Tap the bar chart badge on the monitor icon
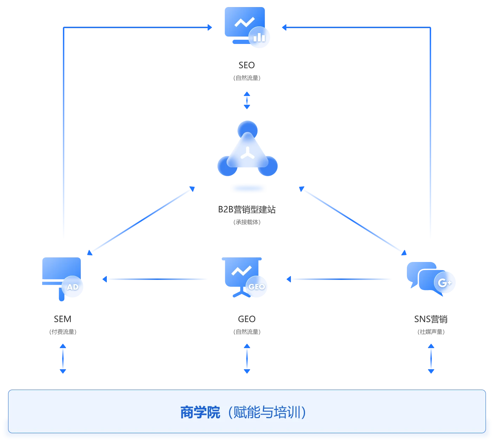click(x=260, y=37)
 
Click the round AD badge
click(x=73, y=287)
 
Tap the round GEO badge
click(x=256, y=287)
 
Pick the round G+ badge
click(x=444, y=282)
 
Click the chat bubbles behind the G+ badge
click(x=420, y=276)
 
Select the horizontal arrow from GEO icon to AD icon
click(x=155, y=280)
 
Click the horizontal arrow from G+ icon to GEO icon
click(x=339, y=280)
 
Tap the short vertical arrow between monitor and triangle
click(x=247, y=100)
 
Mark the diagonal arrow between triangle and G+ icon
click(x=353, y=220)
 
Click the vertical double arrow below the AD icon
click(x=63, y=359)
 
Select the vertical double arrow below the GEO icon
click(x=247, y=359)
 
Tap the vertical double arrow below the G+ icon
click(x=431, y=359)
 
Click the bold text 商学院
click(x=200, y=412)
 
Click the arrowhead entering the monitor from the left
click(x=210, y=27)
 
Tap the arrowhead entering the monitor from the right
click(x=284, y=27)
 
